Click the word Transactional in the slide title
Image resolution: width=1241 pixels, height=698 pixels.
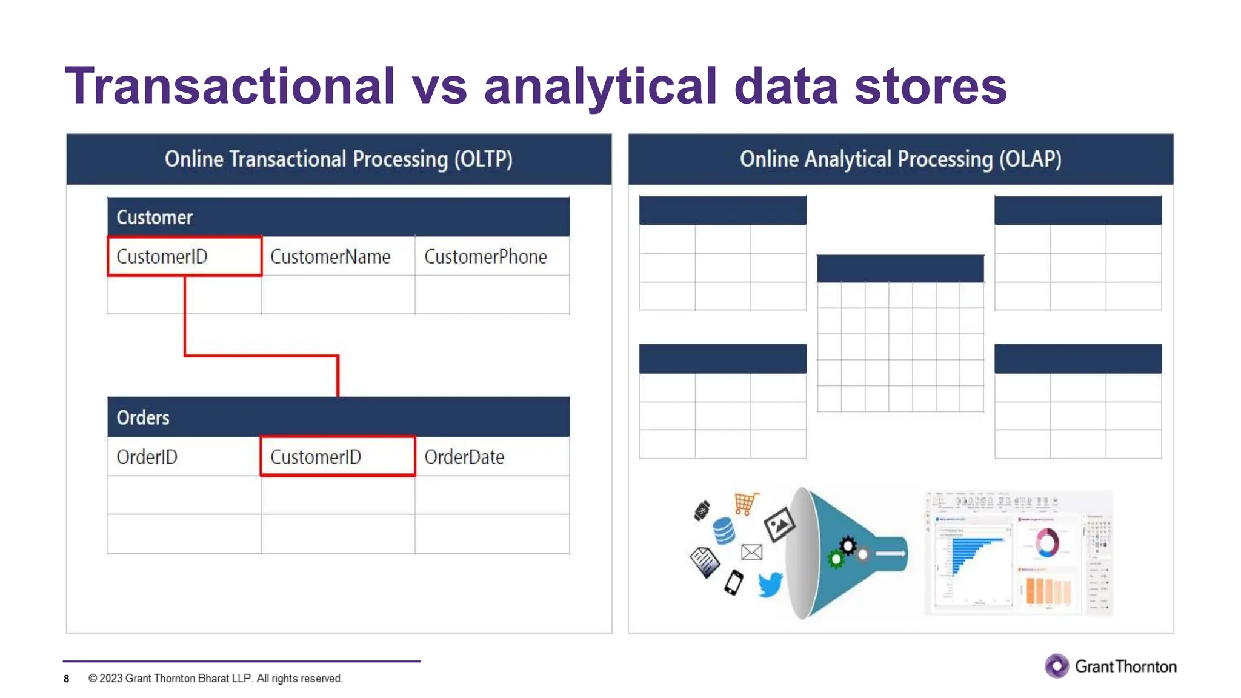pyautogui.click(x=230, y=87)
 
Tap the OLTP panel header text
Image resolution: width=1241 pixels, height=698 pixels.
pyautogui.click(x=339, y=159)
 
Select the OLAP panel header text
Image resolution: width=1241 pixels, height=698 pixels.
pyautogui.click(x=900, y=159)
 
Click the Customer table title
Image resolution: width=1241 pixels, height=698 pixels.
pyautogui.click(x=155, y=217)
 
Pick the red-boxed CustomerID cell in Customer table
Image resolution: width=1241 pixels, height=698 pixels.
pyautogui.click(x=184, y=256)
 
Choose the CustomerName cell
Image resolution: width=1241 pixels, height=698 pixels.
pyautogui.click(x=330, y=256)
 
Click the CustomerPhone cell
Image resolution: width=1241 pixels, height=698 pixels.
pyautogui.click(x=485, y=256)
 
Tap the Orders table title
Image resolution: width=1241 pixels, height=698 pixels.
pyautogui.click(x=143, y=417)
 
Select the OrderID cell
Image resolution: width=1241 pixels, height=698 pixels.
pyautogui.click(x=147, y=457)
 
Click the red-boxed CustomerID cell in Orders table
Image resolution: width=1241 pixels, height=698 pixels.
pyautogui.click(x=338, y=457)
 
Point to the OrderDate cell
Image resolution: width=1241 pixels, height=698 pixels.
pyautogui.click(x=464, y=457)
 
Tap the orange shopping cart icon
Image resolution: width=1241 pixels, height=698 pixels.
pyautogui.click(x=746, y=503)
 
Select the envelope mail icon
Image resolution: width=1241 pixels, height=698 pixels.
pyautogui.click(x=751, y=552)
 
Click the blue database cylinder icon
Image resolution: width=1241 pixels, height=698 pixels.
pyautogui.click(x=724, y=531)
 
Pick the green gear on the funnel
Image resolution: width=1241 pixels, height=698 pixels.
pyautogui.click(x=836, y=559)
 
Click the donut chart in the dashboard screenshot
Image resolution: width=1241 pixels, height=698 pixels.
pyautogui.click(x=1046, y=542)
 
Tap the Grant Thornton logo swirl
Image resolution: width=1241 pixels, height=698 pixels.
pyautogui.click(x=1057, y=666)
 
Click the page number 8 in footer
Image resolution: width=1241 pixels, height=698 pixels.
pyautogui.click(x=67, y=679)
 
